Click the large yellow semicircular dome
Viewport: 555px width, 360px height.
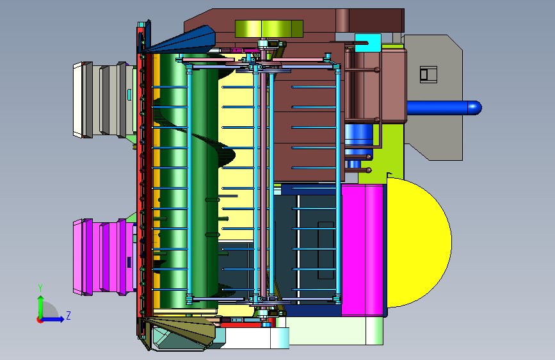click(x=419, y=242)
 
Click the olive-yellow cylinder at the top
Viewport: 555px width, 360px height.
click(x=269, y=29)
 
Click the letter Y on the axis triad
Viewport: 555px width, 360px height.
click(x=40, y=288)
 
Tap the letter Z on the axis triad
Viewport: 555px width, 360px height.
click(x=68, y=315)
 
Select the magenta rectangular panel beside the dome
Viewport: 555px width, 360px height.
click(x=362, y=250)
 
